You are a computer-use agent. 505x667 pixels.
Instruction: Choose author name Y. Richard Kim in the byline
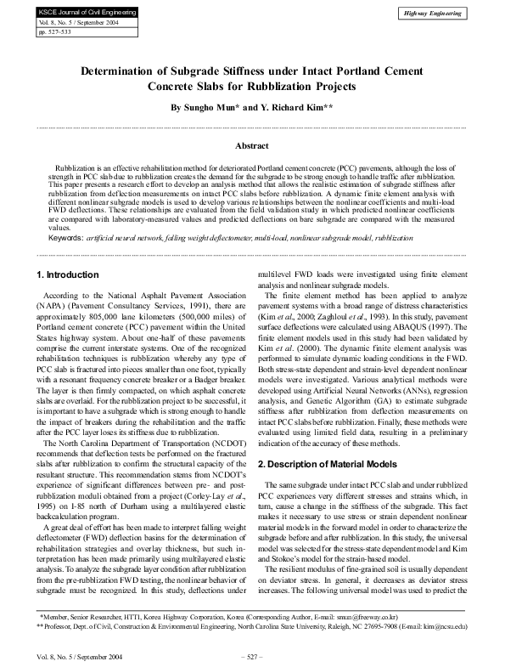[296, 109]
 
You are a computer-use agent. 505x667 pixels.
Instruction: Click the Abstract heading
[251, 146]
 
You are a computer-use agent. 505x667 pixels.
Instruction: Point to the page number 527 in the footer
[253, 657]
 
